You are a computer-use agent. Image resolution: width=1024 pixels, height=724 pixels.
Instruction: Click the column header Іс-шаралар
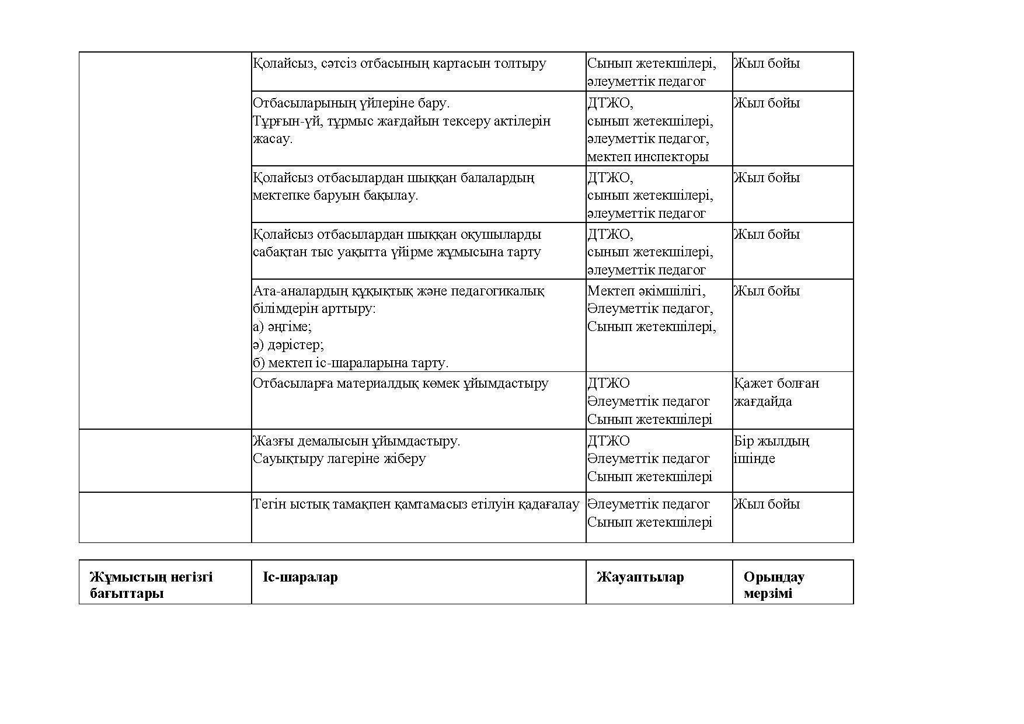tap(300, 577)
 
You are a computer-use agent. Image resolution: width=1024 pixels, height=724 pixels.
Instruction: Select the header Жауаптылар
tap(640, 577)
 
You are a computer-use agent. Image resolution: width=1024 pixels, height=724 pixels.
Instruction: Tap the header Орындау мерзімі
tap(774, 585)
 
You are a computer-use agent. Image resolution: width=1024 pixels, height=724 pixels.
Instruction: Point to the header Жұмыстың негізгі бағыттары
tap(151, 585)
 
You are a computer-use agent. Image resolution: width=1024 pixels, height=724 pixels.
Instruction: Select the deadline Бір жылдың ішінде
tap(771, 450)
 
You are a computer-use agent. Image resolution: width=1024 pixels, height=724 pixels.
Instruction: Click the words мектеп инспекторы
tap(647, 156)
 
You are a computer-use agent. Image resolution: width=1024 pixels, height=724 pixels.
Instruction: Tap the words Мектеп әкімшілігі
tap(646, 291)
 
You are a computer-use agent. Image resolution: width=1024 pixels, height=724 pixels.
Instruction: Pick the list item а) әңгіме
tap(282, 326)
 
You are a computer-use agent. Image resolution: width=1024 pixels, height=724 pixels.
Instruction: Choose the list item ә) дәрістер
tap(288, 344)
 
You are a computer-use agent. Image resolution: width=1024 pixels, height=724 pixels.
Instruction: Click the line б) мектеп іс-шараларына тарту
tap(350, 363)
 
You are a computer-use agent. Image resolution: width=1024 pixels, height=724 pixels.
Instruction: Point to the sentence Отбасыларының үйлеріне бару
tap(351, 103)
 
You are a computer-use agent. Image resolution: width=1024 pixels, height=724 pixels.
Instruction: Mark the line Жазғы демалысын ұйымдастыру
tap(356, 441)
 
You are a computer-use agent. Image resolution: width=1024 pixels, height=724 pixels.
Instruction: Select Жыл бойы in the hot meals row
tap(767, 504)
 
